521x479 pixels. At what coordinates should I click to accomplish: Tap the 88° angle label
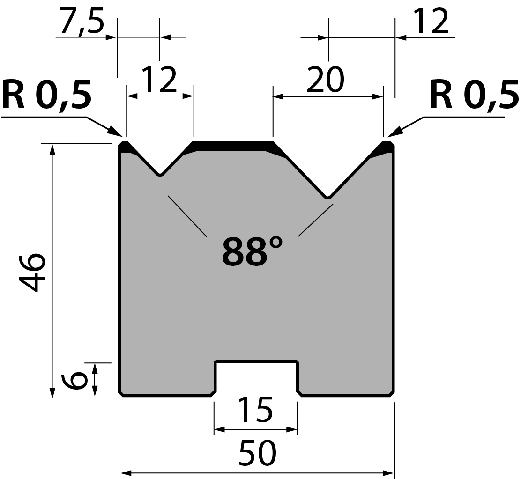coord(252,251)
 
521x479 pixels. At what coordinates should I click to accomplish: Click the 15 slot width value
coord(255,410)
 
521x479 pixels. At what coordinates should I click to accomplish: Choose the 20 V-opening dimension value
coord(325,79)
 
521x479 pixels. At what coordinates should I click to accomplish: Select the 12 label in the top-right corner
coord(431,22)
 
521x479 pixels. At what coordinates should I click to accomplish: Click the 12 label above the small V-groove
coord(159,79)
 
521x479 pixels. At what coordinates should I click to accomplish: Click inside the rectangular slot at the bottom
coord(256,378)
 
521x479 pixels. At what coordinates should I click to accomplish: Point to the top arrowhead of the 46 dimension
coord(52,150)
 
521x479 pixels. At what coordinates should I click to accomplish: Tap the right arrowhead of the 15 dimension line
coord(291,430)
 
